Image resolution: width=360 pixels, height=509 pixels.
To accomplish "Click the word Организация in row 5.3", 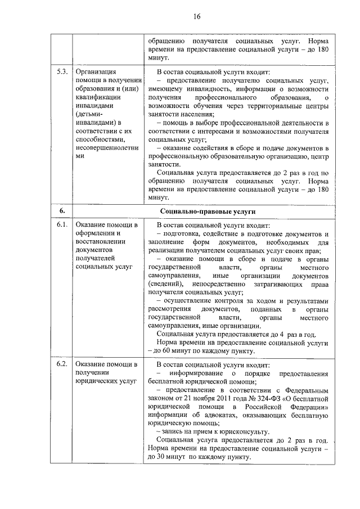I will [96, 73].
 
